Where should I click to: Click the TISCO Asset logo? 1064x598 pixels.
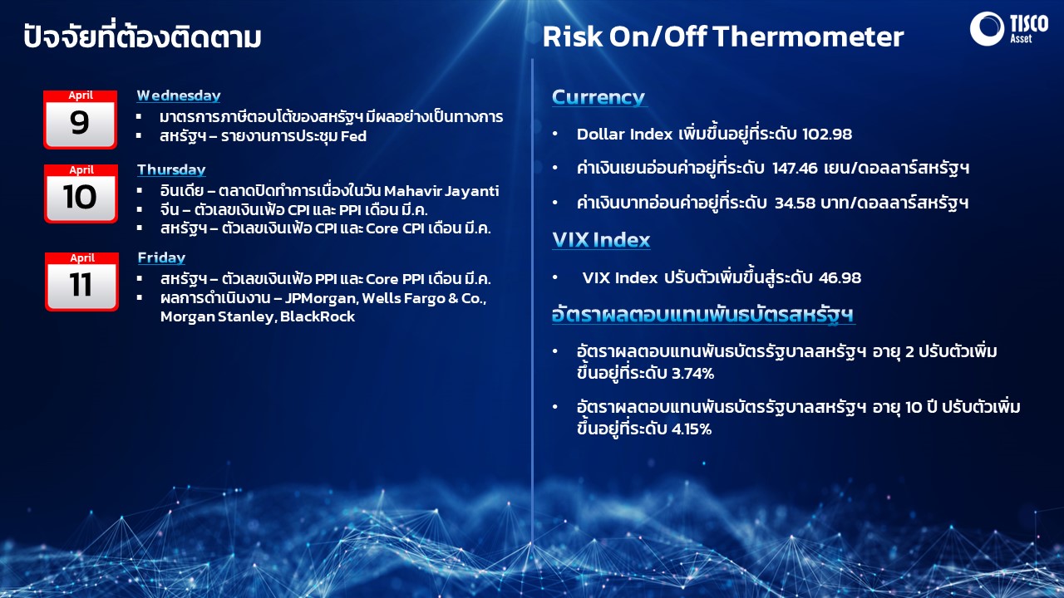point(1008,29)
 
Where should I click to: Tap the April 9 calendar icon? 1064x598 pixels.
point(81,120)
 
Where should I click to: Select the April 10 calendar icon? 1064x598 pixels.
point(81,194)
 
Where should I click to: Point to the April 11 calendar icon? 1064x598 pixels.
point(81,282)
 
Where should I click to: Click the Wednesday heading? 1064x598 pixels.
point(179,96)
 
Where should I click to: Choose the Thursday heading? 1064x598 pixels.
point(171,169)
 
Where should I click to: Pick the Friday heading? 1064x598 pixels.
point(161,257)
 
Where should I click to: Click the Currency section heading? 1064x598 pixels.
point(598,97)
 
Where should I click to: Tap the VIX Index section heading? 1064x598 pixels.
point(601,240)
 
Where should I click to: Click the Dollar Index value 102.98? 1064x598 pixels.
point(827,135)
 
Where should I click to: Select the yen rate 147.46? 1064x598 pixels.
point(795,168)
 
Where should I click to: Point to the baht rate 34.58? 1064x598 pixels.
point(794,203)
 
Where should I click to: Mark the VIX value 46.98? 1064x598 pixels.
point(840,277)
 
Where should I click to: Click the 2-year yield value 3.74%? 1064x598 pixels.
point(692,374)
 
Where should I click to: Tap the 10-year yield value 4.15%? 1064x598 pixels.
point(691,429)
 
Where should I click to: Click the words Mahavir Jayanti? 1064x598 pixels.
point(441,191)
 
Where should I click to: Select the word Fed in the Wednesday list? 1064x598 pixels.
point(353,136)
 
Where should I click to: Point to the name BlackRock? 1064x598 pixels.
point(318,316)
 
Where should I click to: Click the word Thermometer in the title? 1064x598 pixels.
point(808,37)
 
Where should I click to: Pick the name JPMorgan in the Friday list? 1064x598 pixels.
point(322,298)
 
